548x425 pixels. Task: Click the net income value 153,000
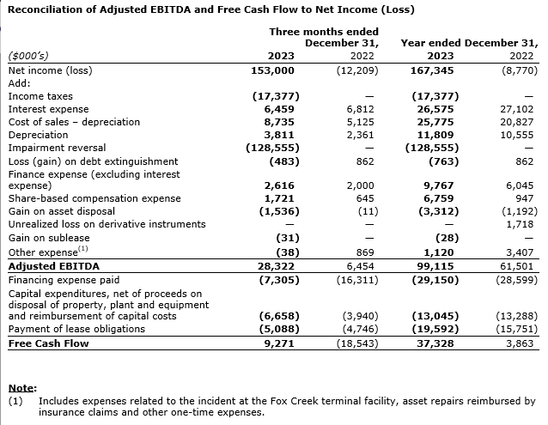coord(274,70)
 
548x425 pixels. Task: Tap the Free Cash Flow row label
coord(48,343)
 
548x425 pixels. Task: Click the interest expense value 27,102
coord(517,109)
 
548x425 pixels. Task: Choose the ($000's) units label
coord(29,57)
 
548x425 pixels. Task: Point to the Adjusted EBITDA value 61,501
coord(517,267)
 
